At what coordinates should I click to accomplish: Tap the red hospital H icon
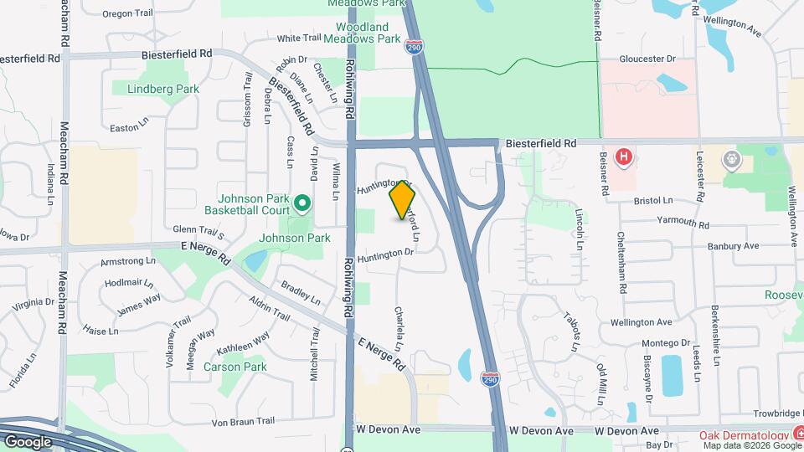click(x=623, y=157)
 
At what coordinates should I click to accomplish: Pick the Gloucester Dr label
click(x=647, y=59)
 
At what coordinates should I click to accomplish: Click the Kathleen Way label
click(x=244, y=346)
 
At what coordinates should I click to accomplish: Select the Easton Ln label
click(x=128, y=128)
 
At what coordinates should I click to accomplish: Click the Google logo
click(x=28, y=441)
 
